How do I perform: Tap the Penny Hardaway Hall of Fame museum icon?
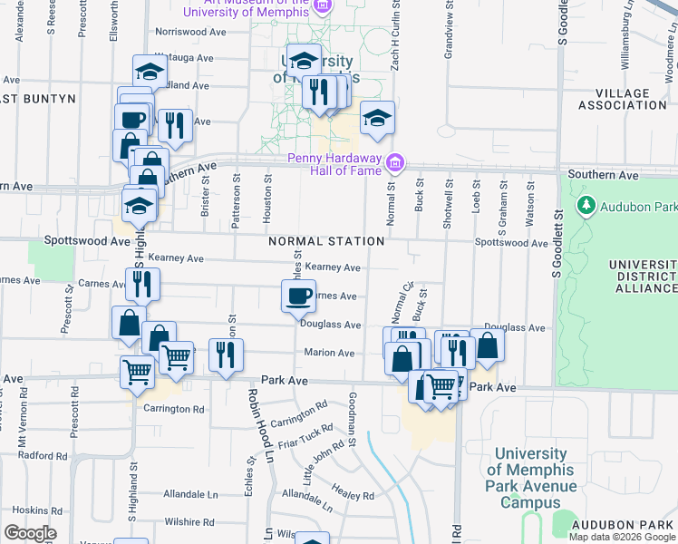tap(394, 163)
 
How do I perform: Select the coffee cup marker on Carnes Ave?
tap(299, 296)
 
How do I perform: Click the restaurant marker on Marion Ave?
tap(225, 355)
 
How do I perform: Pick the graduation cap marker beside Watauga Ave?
tap(150, 71)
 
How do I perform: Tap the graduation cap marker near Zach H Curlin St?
tap(378, 118)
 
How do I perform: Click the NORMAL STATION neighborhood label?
tap(325, 242)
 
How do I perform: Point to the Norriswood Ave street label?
tap(190, 31)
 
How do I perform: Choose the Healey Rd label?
tap(355, 496)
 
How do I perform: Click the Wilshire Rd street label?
tap(189, 522)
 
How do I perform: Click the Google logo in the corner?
tap(30, 532)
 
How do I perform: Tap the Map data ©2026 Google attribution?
tap(623, 537)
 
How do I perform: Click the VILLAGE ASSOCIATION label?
tap(622, 100)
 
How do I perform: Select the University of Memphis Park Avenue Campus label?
tap(531, 479)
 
